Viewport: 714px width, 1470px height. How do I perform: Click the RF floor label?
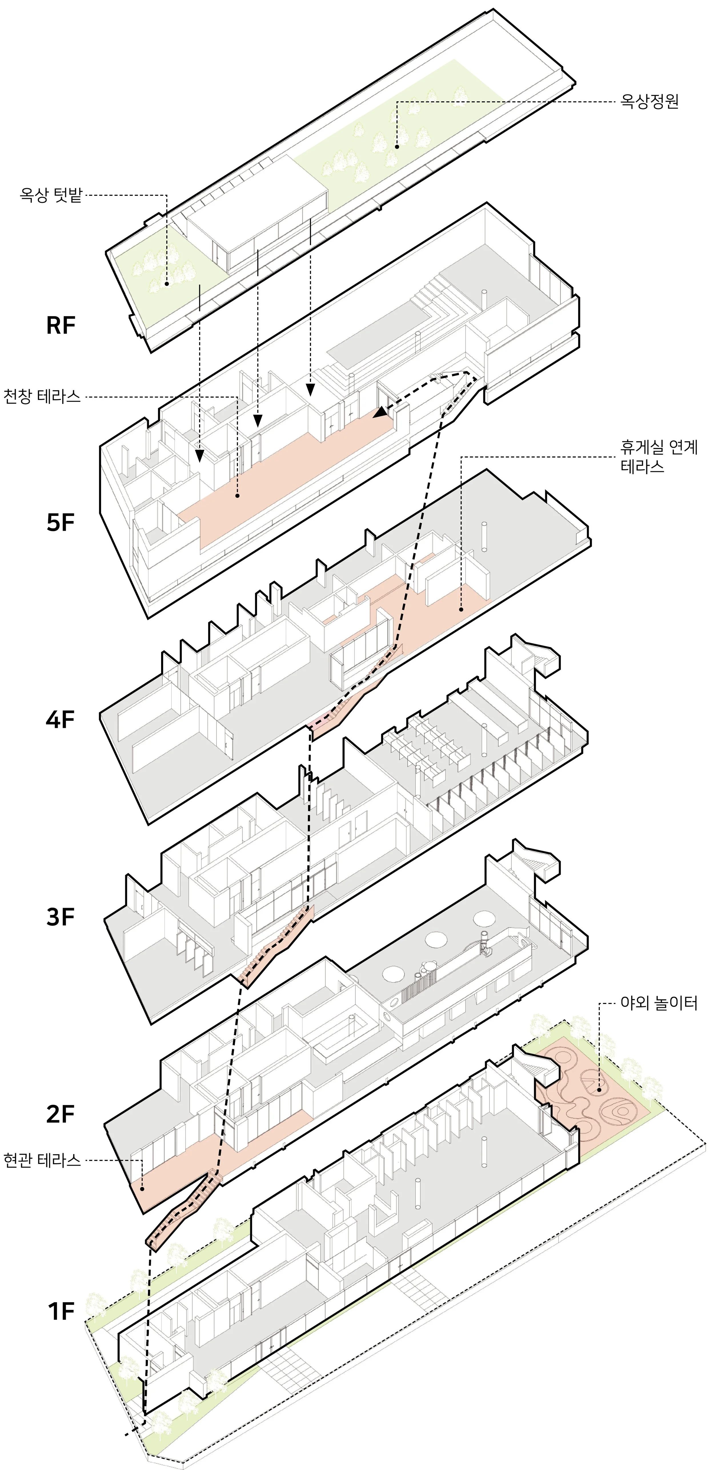pos(61,325)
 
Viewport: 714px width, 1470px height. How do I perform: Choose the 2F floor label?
pos(61,1114)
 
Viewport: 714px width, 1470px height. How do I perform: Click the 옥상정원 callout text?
pos(649,102)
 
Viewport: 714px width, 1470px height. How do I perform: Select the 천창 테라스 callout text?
pos(42,397)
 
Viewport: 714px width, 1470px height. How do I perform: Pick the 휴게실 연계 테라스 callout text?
pos(659,457)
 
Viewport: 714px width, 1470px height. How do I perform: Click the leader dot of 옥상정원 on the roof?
pos(397,147)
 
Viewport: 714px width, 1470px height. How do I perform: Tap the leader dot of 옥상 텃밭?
pos(167,283)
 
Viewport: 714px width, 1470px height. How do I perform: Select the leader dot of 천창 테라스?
pos(237,495)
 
